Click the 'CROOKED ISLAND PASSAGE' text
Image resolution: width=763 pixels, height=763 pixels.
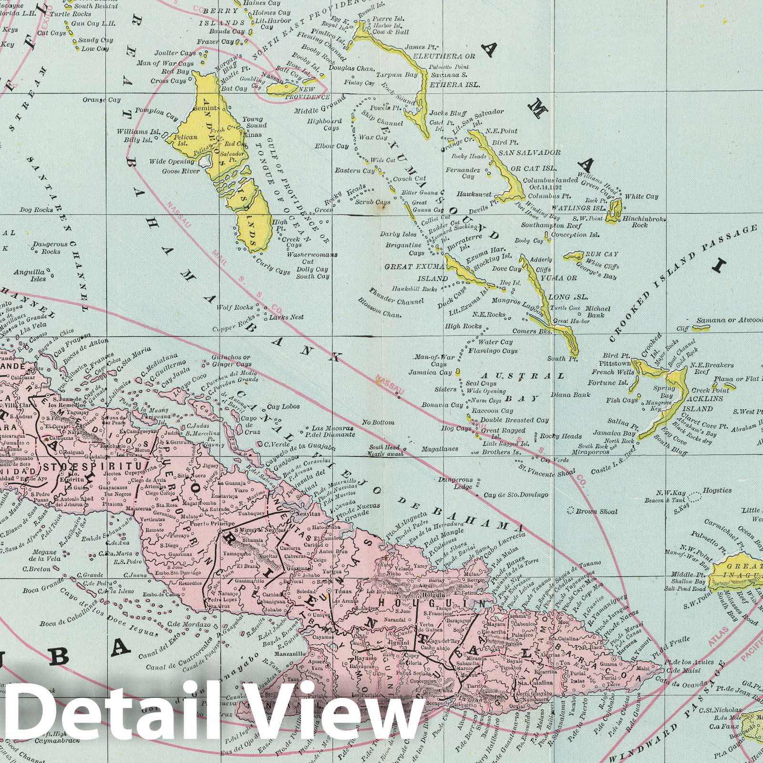click(x=684, y=284)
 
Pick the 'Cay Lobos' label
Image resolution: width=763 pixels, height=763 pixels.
click(x=283, y=407)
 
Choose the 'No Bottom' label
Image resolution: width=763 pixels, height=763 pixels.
click(x=378, y=423)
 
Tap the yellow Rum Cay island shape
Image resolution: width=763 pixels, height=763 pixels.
click(x=574, y=256)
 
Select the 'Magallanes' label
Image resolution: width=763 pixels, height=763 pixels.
click(x=440, y=449)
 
